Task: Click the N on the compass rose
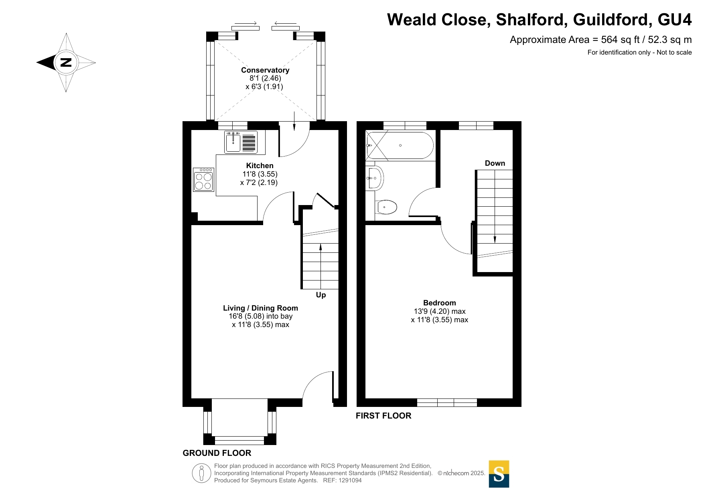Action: (x=66, y=62)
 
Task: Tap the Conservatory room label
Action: (x=265, y=70)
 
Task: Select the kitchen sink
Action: (x=241, y=142)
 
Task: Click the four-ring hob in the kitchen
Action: (x=203, y=179)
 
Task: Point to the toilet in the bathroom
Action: (x=386, y=207)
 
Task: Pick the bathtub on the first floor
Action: (x=400, y=145)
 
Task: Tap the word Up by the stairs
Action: (x=321, y=295)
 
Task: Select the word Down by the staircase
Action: (x=495, y=163)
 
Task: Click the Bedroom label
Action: (x=440, y=303)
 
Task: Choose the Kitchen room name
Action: (x=260, y=166)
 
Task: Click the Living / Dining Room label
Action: (x=261, y=308)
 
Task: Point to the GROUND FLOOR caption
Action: (x=217, y=453)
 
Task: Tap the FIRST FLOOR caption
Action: (x=383, y=416)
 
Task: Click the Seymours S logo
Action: (x=499, y=474)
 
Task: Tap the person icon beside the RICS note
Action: (x=201, y=473)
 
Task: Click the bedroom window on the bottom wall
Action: (x=447, y=402)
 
